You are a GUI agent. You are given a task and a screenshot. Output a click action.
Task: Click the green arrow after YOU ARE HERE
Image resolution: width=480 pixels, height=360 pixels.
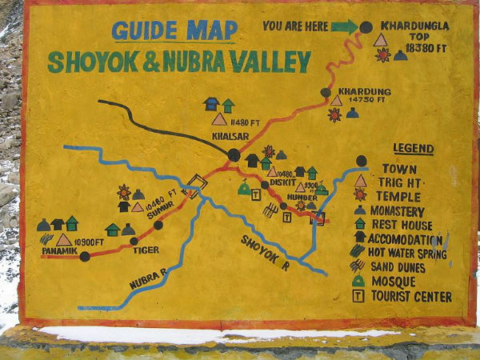[x=344, y=26]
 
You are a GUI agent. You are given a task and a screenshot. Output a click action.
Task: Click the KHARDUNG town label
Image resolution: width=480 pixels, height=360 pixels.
[x=364, y=91]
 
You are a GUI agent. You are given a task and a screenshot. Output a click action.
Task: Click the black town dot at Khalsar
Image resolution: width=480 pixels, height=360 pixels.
[x=233, y=154]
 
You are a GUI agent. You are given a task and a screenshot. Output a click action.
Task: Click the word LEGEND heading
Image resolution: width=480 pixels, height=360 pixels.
[x=413, y=149]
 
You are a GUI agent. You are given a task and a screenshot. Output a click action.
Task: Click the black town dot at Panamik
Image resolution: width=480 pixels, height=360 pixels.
[x=85, y=256]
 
